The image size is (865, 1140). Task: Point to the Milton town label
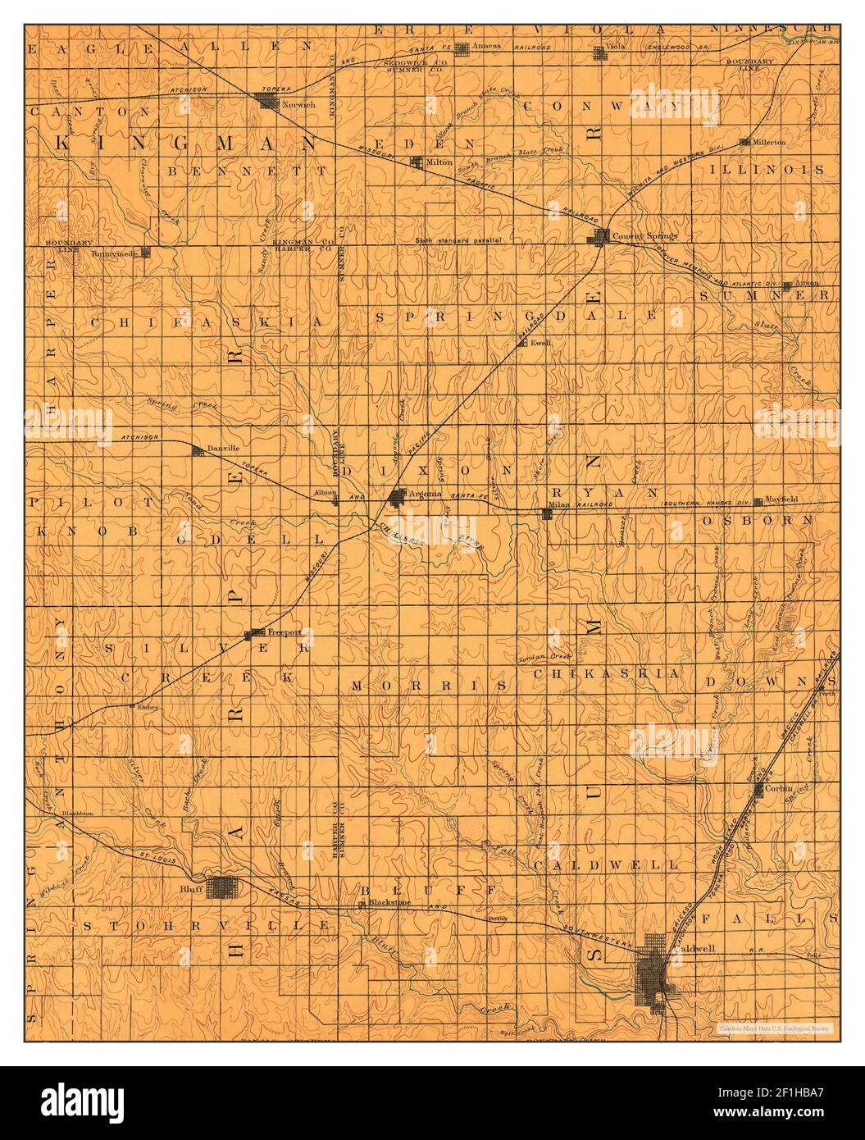(439, 162)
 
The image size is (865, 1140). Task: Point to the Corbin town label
(781, 788)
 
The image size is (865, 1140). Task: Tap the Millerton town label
(769, 142)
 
